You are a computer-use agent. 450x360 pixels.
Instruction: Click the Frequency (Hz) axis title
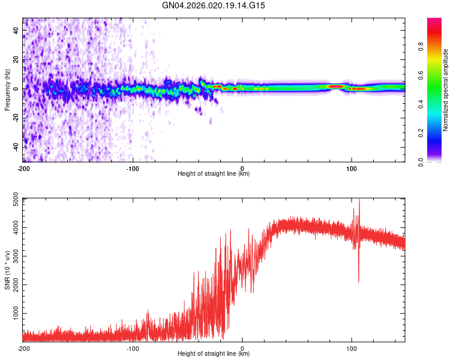coord(7,89)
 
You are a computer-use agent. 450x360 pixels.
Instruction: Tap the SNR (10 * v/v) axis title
coord(7,269)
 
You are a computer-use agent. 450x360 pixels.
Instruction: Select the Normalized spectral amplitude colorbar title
coord(445,90)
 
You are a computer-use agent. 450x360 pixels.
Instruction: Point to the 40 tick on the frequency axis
coord(16,30)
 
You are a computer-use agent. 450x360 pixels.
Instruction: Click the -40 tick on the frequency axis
coord(15,147)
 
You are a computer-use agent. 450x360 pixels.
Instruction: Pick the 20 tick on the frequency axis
coord(16,59)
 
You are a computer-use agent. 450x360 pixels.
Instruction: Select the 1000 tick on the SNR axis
coord(13,313)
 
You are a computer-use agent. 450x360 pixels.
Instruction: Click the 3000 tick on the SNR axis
coord(13,256)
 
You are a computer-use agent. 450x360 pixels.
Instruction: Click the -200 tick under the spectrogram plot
coord(23,168)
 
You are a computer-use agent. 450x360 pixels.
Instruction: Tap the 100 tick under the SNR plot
coord(352,348)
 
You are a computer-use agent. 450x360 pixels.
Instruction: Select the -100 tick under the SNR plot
coord(133,348)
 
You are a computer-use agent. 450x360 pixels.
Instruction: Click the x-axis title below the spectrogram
coord(214,174)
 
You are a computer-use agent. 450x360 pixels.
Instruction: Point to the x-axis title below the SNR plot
coord(214,354)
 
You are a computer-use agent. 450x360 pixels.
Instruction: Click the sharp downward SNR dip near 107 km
coord(359,281)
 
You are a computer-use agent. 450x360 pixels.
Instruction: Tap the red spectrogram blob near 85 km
coord(336,86)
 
